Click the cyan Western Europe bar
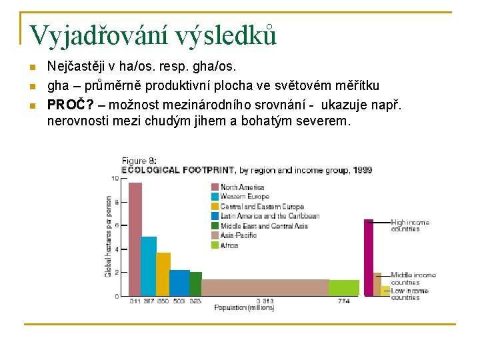point(149,266)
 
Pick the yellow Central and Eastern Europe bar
point(163,274)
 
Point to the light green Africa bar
point(344,288)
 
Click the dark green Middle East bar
point(195,283)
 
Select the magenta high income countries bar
point(368,257)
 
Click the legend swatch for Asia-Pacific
point(215,235)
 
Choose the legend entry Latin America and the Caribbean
point(270,216)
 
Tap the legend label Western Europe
point(245,197)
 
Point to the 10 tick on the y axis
point(115,178)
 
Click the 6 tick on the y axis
point(116,225)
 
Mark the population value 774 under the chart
point(343,301)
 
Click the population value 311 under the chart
point(135,301)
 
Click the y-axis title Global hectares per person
point(107,237)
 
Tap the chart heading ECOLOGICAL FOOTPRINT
point(179,170)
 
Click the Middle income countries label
point(413,278)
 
